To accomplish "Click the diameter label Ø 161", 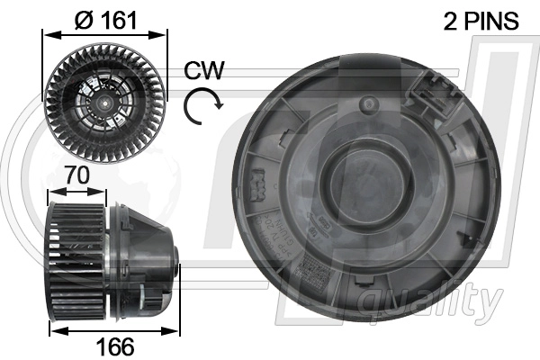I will tap(105, 19).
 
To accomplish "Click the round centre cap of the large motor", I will tap(365, 184).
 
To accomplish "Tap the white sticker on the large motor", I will tap(315, 271).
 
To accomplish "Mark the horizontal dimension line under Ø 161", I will tap(106, 35).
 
